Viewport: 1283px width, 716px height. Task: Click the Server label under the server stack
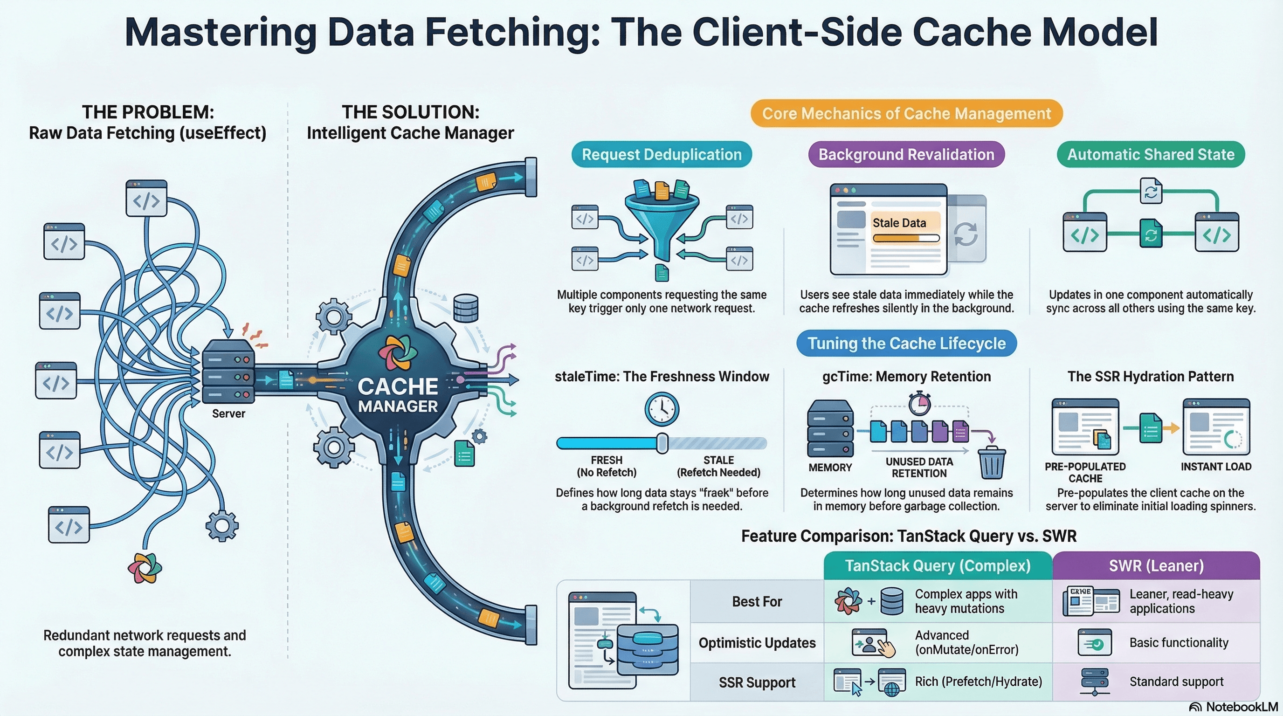click(x=228, y=413)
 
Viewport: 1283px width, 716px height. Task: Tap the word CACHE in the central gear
click(x=398, y=386)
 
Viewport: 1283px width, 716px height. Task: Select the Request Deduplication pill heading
click(x=662, y=154)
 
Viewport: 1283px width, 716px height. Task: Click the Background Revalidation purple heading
click(x=906, y=154)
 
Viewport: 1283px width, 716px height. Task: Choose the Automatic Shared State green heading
click(x=1151, y=154)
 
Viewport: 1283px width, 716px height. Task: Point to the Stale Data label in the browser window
click(x=899, y=222)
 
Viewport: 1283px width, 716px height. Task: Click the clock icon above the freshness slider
click(x=662, y=409)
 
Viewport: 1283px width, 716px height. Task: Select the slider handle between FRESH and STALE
click(x=662, y=443)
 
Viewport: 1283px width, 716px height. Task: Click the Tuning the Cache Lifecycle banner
click(x=906, y=343)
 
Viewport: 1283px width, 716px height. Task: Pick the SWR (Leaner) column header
click(x=1156, y=565)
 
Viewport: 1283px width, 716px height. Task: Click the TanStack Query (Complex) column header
click(x=938, y=565)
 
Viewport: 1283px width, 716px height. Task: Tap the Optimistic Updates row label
click(x=757, y=643)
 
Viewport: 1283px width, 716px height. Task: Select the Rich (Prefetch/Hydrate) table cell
click(x=978, y=682)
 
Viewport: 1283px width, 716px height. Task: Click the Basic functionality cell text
click(x=1179, y=643)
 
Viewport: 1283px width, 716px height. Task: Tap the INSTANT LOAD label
click(x=1216, y=467)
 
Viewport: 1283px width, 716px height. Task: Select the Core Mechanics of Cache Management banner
click(x=906, y=114)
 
